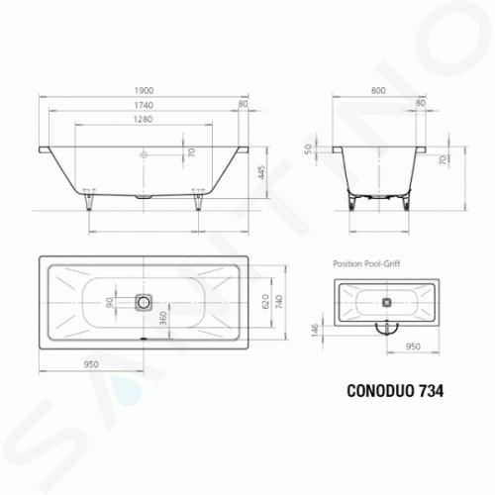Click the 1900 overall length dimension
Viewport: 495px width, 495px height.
point(144,90)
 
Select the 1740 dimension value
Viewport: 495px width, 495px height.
point(144,105)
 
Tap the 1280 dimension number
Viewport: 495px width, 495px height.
point(144,119)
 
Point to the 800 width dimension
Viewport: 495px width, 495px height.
point(378,90)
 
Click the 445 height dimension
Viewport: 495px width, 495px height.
point(261,172)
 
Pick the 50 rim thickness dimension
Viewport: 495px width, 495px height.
point(308,149)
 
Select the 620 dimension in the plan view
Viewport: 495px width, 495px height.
point(265,301)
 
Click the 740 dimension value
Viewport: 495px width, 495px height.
point(279,302)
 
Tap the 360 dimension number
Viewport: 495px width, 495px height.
point(163,319)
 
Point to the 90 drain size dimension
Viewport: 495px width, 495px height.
point(109,302)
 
